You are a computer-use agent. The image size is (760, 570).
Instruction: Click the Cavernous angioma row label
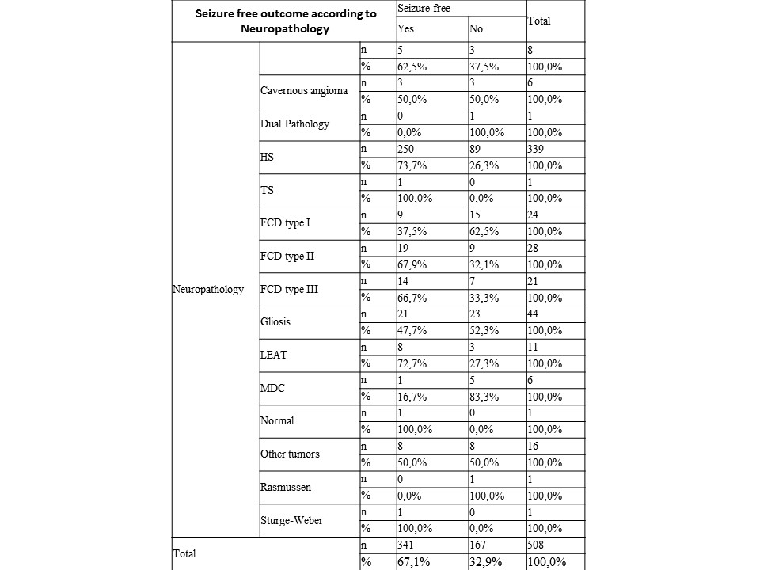pyautogui.click(x=304, y=90)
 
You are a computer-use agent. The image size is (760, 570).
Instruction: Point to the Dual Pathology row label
pyautogui.click(x=294, y=123)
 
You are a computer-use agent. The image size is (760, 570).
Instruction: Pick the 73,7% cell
pyautogui.click(x=412, y=165)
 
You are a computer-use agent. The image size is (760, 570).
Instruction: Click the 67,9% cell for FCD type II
pyautogui.click(x=412, y=265)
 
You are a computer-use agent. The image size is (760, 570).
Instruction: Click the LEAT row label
pyautogui.click(x=274, y=355)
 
